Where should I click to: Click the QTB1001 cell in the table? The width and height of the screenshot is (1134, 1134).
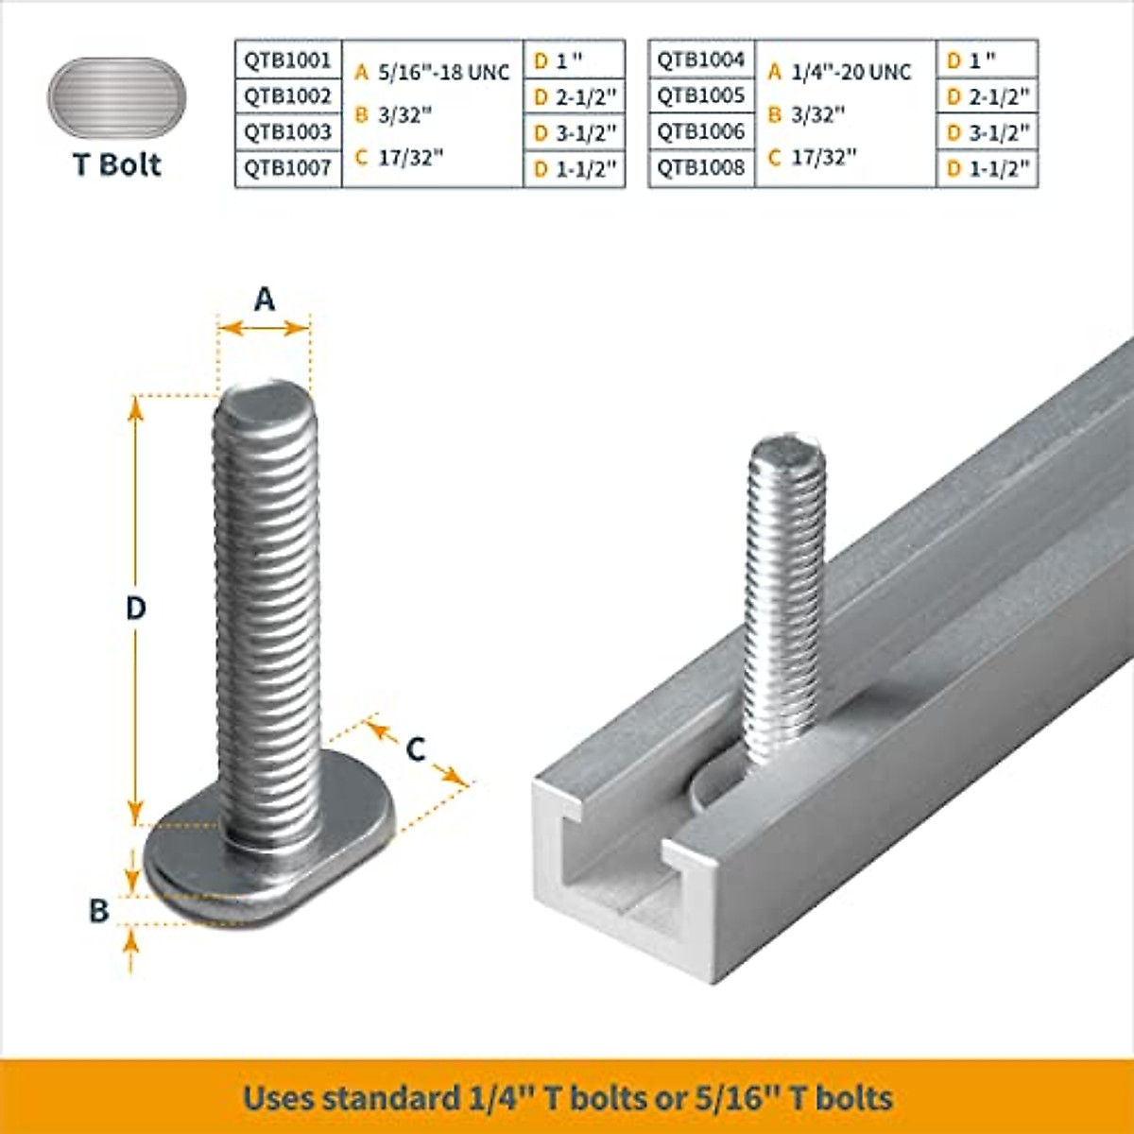[287, 60]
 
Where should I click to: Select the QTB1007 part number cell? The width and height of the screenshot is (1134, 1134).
[287, 168]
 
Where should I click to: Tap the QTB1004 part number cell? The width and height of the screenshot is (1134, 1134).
[701, 60]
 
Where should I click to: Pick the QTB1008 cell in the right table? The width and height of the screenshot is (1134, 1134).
[701, 168]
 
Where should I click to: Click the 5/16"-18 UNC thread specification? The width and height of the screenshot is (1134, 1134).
[443, 73]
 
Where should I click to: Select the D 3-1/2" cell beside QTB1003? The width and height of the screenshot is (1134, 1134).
[575, 133]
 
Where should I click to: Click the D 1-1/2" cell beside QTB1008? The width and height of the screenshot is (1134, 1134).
[988, 169]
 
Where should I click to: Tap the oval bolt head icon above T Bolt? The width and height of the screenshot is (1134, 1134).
[117, 99]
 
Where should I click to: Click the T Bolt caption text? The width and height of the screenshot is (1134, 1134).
[117, 164]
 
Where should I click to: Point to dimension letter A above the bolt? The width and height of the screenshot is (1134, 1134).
[264, 300]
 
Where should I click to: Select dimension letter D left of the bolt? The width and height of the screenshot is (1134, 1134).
[136, 608]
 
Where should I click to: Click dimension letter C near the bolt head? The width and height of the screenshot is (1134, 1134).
[416, 749]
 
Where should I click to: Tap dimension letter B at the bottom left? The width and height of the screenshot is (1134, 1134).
[99, 911]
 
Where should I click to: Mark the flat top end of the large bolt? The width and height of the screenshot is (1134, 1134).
[263, 398]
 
